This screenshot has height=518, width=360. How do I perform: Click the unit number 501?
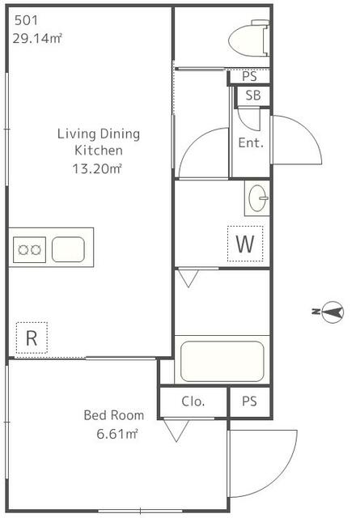pyautogui.click(x=26, y=21)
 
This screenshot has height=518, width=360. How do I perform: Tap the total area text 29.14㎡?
pyautogui.click(x=37, y=39)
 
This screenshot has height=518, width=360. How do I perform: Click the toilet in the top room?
pyautogui.click(x=248, y=38)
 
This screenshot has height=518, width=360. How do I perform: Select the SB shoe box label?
pyautogui.click(x=253, y=96)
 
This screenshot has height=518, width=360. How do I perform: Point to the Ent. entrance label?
pyautogui.click(x=251, y=142)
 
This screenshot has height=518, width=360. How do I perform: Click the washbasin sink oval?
pyautogui.click(x=257, y=198)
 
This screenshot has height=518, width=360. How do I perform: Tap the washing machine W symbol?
pyautogui.click(x=245, y=244)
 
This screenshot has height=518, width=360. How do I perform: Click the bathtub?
pyautogui.click(x=222, y=361)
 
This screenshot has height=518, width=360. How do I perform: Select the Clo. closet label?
pyautogui.click(x=193, y=401)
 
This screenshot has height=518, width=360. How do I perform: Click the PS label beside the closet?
pyautogui.click(x=249, y=401)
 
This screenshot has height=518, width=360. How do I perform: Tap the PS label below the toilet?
pyautogui.click(x=249, y=76)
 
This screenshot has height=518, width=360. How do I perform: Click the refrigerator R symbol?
pyautogui.click(x=32, y=338)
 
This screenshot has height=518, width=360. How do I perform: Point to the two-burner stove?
pyautogui.click(x=29, y=250)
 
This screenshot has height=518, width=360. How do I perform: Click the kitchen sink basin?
pyautogui.click(x=69, y=249)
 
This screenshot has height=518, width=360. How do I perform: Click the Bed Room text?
pyautogui.click(x=114, y=415)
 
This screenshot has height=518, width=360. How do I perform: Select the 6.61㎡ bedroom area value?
pyautogui.click(x=117, y=434)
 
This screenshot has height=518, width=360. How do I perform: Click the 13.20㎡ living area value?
pyautogui.click(x=97, y=169)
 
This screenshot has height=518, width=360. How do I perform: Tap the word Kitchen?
pyautogui.click(x=99, y=151)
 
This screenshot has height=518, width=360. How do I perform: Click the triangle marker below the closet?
pyautogui.click(x=176, y=430)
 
